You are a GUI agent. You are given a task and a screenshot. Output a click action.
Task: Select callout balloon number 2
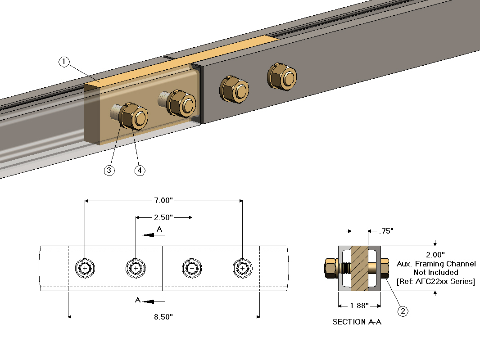tap(403, 310)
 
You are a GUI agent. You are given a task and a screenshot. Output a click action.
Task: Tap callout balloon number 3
tap(109, 171)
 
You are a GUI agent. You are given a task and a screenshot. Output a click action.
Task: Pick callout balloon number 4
tap(140, 171)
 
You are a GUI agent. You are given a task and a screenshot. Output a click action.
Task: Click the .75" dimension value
tap(385, 231)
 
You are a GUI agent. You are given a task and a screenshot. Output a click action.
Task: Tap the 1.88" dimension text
tap(360, 306)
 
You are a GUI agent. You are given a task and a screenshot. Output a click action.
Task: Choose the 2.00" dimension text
tap(435, 254)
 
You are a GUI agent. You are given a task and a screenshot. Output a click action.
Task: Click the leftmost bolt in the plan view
tap(85, 269)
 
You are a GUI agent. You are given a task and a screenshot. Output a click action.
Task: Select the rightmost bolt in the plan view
tap(243, 269)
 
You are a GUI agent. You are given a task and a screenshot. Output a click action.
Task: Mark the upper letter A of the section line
tap(159, 229)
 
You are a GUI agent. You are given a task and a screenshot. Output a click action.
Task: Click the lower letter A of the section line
tap(138, 300)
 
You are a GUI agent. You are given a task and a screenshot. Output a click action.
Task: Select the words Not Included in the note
tap(435, 272)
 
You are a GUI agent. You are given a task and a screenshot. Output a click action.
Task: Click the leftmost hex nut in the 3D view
tap(134, 116)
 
